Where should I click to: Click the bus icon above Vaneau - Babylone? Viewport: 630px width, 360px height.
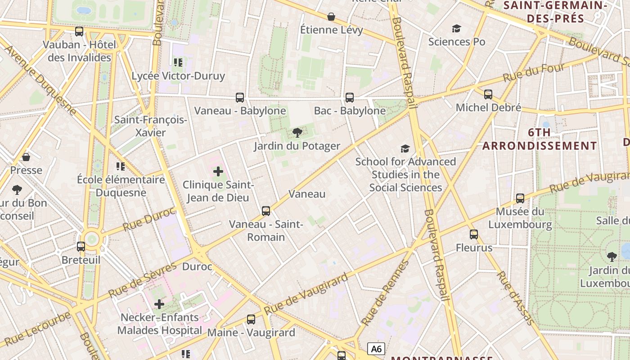240,97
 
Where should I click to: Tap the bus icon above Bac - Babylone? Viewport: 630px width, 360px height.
350,97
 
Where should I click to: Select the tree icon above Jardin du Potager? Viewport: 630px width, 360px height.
297,132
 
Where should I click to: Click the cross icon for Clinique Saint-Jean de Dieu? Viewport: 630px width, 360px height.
218,171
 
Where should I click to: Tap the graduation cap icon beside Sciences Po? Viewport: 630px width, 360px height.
457,29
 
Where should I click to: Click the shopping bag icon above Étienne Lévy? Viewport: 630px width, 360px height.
331,17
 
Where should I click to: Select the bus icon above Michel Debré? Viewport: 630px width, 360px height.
488,94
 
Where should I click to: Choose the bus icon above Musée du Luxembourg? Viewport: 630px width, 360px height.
520,198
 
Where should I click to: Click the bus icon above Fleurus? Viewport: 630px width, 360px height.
474,234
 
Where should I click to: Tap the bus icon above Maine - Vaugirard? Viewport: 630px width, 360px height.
251,319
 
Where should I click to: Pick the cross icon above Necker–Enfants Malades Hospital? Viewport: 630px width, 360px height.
159,305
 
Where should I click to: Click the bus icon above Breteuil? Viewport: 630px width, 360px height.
81,247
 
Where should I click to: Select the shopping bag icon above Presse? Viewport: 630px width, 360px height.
26,157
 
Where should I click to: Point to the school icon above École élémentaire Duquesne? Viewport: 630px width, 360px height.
120,166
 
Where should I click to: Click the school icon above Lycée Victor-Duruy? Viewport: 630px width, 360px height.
178,62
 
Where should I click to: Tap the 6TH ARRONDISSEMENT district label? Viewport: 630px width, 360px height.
540,139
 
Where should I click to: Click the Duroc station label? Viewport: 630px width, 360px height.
197,266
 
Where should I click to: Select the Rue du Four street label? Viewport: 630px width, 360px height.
533,72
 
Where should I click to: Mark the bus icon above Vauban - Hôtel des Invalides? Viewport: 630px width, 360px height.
79,31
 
